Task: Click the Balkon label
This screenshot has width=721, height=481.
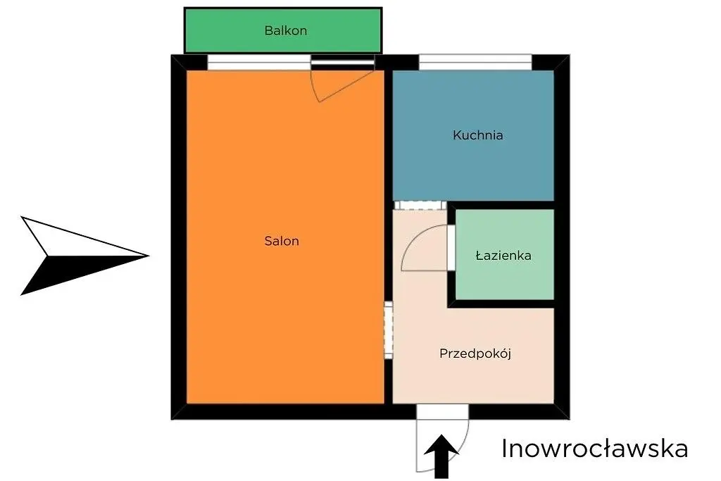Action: pyautogui.click(x=286, y=31)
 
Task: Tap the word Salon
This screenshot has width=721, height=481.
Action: pyautogui.click(x=282, y=241)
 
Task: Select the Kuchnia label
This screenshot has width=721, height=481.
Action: pyautogui.click(x=478, y=135)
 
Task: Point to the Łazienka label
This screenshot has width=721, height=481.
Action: pyautogui.click(x=503, y=255)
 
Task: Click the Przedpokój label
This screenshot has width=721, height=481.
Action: pyautogui.click(x=475, y=354)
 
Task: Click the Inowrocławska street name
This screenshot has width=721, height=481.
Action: pyautogui.click(x=594, y=449)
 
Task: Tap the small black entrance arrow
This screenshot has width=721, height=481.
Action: pyautogui.click(x=441, y=456)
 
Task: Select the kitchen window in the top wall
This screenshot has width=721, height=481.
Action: pyautogui.click(x=475, y=63)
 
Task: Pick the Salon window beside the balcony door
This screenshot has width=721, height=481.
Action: pyautogui.click(x=259, y=63)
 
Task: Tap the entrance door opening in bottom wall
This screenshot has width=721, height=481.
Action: pyautogui.click(x=442, y=411)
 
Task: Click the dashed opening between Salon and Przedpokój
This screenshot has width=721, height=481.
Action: pyautogui.click(x=389, y=330)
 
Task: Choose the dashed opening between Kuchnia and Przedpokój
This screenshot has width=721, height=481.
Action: pyautogui.click(x=420, y=205)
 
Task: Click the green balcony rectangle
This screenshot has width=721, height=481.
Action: pyautogui.click(x=283, y=30)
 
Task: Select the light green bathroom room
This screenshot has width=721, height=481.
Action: pyautogui.click(x=504, y=254)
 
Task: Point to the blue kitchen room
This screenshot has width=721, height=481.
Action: pyautogui.click(x=473, y=135)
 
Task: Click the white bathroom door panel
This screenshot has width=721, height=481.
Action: pyautogui.click(x=451, y=247)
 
